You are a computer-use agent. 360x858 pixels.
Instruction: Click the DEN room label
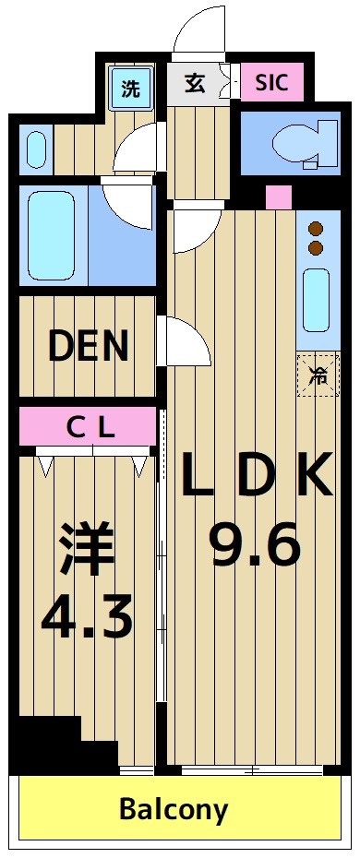pyautogui.click(x=88, y=346)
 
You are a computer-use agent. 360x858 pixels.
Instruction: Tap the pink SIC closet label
pyautogui.click(x=271, y=83)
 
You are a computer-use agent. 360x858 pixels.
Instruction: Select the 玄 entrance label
pyautogui.click(x=194, y=84)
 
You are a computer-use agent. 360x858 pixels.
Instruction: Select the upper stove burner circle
pyautogui.click(x=316, y=228)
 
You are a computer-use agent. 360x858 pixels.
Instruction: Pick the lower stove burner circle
pyautogui.click(x=316, y=247)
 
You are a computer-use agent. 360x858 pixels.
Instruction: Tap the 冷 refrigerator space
pyautogui.click(x=318, y=375)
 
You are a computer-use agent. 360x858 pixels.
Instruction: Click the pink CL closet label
pyautogui.click(x=89, y=427)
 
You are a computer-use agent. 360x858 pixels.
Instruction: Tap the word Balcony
pyautogui.click(x=174, y=809)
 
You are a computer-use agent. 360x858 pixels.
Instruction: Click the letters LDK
pyautogui.click(x=255, y=476)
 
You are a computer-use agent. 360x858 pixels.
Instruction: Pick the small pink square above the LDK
pyautogui.click(x=278, y=197)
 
